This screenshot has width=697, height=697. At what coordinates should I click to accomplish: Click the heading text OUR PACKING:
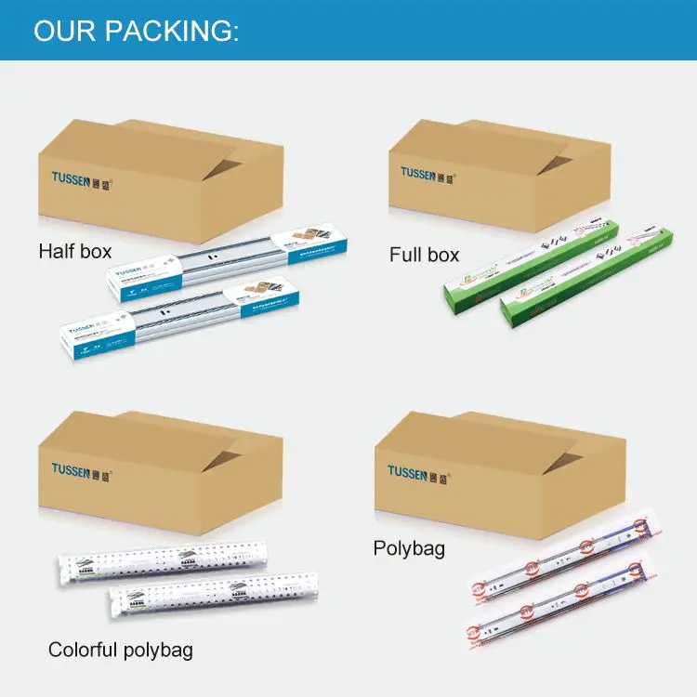[136, 30]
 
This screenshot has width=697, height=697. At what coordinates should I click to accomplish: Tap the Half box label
[75, 251]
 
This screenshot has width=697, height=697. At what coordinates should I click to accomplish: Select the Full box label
[424, 254]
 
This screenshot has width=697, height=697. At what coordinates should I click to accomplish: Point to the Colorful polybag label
[121, 650]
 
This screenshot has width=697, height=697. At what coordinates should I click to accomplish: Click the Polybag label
[409, 548]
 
